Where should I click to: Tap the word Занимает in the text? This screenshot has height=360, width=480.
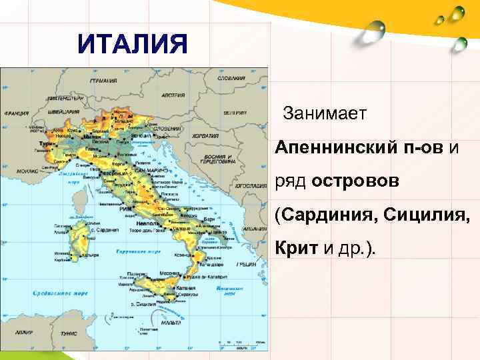(x=325, y=113)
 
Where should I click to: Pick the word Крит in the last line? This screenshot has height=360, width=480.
(x=297, y=249)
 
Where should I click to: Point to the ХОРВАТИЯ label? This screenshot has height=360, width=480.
(x=205, y=135)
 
